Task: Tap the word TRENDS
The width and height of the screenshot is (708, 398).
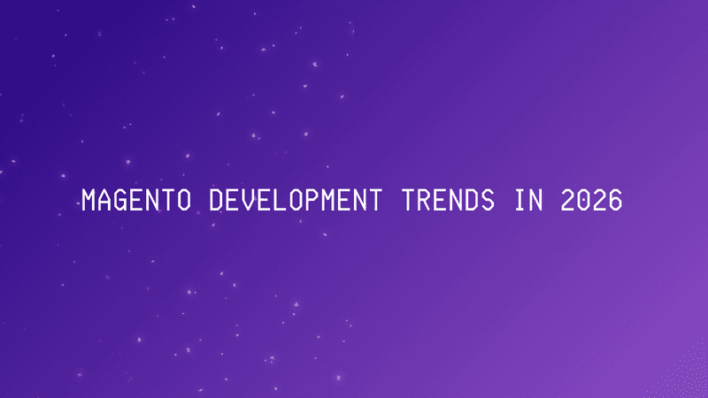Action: (447, 202)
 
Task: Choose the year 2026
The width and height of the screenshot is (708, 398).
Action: (591, 202)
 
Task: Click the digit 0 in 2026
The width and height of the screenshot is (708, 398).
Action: (582, 202)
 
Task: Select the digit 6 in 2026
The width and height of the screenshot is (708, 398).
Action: (614, 202)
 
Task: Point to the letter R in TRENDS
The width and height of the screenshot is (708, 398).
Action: (423, 202)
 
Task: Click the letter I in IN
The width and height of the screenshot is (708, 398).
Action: (518, 202)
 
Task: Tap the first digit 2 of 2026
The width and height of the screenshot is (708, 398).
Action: (566, 202)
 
